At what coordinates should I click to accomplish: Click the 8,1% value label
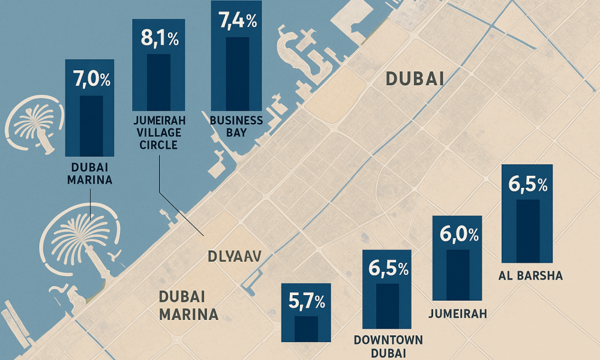pyautogui.click(x=160, y=38)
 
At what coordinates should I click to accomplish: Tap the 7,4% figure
pyautogui.click(x=238, y=20)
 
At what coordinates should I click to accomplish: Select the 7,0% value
pyautogui.click(x=92, y=79)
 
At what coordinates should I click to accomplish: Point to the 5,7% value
pyautogui.click(x=307, y=301)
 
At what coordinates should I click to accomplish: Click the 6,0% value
pyautogui.click(x=459, y=234)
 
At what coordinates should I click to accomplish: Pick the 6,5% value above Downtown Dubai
pyautogui.click(x=388, y=268)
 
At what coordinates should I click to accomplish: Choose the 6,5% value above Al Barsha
pyautogui.click(x=527, y=184)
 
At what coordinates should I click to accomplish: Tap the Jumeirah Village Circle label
pyautogui.click(x=159, y=133)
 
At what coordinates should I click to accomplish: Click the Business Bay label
pyautogui.click(x=236, y=126)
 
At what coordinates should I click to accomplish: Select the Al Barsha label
pyautogui.click(x=530, y=275)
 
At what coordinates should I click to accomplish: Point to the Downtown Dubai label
pyautogui.click(x=388, y=346)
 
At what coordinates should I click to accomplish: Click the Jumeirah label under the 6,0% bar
pyautogui.click(x=458, y=314)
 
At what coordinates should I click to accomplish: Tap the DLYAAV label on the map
pyautogui.click(x=235, y=256)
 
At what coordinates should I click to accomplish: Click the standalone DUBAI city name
pyautogui.click(x=415, y=79)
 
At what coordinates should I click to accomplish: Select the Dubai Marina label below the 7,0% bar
pyautogui.click(x=90, y=173)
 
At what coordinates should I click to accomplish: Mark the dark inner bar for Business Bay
pyautogui.click(x=237, y=74)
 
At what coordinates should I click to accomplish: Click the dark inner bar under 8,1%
pyautogui.click(x=159, y=82)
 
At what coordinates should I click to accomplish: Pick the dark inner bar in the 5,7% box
pyautogui.click(x=306, y=329)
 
